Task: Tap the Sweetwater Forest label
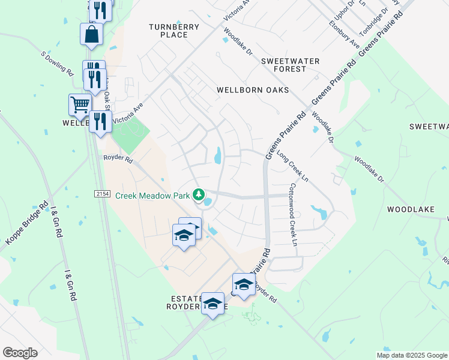(291, 65)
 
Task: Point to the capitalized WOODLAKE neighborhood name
(411, 209)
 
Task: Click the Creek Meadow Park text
(152, 195)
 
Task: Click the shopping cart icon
(80, 105)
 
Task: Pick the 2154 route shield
(101, 194)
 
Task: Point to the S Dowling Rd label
(57, 63)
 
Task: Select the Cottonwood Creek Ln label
(293, 215)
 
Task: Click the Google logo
(20, 353)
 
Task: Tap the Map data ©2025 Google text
(411, 355)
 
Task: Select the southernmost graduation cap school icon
(212, 304)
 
